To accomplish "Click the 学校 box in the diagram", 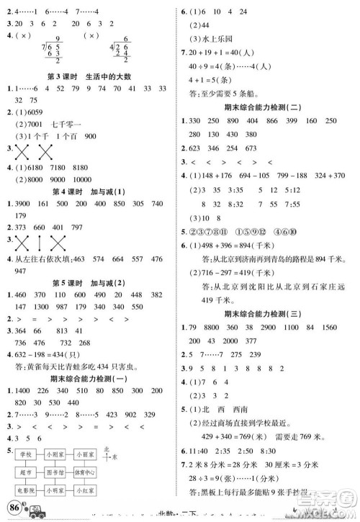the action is tap(26, 455).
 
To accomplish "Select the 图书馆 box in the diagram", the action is tap(59, 472).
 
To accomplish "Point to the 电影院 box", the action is tap(26, 490).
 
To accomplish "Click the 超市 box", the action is tap(26, 472).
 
